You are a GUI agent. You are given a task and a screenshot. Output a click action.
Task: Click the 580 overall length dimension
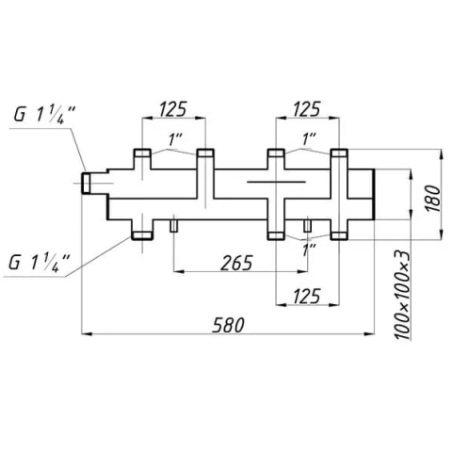(x=228, y=325)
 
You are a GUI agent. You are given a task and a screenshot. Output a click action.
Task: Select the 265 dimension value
(x=236, y=263)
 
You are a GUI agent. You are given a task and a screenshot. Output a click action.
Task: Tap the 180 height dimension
(x=433, y=199)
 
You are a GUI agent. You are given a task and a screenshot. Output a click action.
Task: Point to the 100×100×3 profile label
(x=402, y=295)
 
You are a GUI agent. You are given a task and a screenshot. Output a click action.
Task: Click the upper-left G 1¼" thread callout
(x=44, y=115)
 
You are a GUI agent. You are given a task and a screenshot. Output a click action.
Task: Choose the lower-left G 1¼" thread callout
(x=40, y=263)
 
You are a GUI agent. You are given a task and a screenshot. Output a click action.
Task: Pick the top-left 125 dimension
(x=173, y=108)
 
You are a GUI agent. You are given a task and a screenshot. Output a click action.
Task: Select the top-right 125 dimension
(x=307, y=108)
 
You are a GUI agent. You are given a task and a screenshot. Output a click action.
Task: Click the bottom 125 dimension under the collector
(x=307, y=296)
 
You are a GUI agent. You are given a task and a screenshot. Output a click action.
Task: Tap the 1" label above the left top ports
(x=175, y=139)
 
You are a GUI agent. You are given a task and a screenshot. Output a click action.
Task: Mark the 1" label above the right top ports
(x=308, y=139)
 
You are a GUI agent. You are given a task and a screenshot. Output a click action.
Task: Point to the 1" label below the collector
(x=309, y=250)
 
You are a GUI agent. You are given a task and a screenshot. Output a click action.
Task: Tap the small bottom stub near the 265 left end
(x=173, y=226)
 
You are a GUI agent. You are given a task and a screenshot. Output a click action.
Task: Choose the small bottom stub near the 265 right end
(x=307, y=226)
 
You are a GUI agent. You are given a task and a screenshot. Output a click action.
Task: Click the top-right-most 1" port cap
(x=339, y=153)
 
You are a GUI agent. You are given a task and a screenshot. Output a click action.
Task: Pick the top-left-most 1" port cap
(x=143, y=153)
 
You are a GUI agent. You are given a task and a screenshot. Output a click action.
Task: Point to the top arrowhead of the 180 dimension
(x=442, y=154)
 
